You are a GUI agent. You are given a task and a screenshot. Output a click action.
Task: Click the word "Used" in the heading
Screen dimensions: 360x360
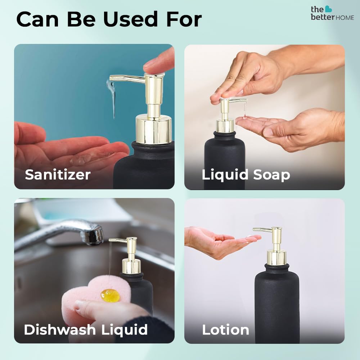(130, 19)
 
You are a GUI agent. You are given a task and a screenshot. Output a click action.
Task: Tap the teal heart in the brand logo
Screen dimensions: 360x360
(328, 9)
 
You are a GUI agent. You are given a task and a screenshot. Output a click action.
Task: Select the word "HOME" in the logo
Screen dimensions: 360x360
(345, 18)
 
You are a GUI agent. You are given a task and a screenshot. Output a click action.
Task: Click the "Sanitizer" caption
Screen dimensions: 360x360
(58, 175)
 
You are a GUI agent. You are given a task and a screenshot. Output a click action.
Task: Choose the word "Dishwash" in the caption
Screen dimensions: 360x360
(60, 329)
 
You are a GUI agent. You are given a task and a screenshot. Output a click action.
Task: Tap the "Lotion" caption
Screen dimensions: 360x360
(225, 330)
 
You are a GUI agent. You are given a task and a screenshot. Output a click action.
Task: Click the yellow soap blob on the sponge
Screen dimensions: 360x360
(110, 295)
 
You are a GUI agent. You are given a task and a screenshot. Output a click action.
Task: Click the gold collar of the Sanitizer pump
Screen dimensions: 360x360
(153, 129)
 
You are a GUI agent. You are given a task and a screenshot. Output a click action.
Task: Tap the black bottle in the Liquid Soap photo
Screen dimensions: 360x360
(224, 161)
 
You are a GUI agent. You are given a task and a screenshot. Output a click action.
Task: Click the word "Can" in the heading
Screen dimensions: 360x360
(37, 19)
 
